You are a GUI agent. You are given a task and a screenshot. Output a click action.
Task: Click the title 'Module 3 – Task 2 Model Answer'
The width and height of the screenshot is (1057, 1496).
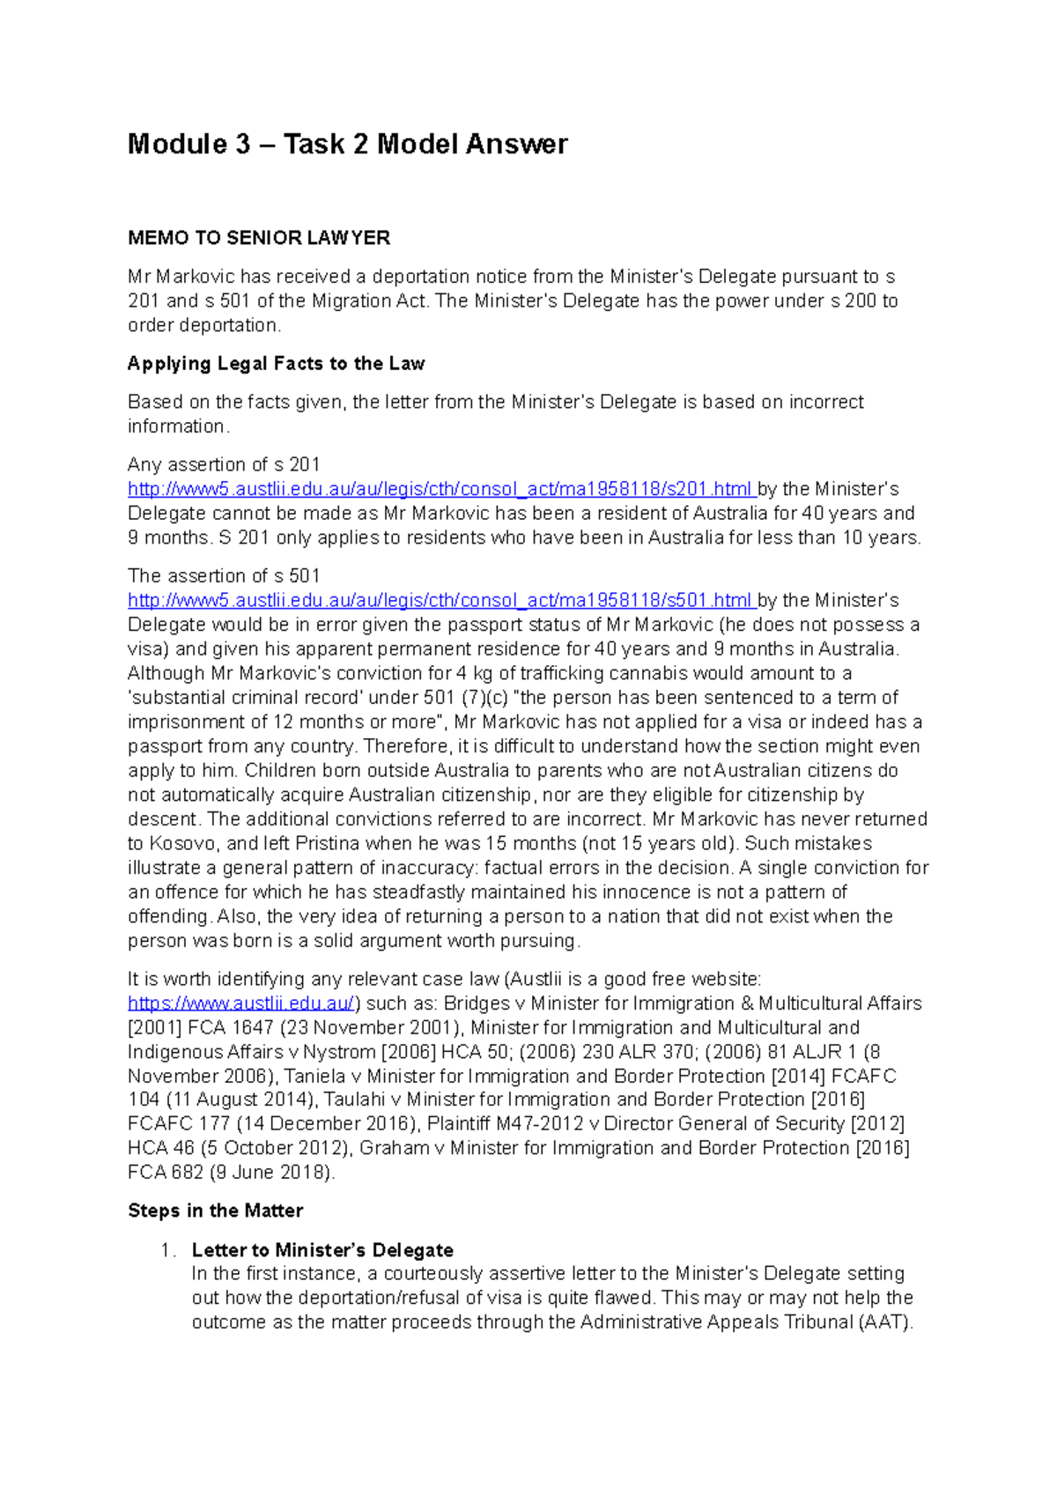tap(347, 144)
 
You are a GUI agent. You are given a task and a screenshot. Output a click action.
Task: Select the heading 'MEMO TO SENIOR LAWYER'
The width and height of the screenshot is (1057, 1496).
tap(258, 238)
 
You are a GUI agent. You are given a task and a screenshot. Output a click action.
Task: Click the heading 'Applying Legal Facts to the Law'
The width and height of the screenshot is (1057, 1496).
tap(276, 364)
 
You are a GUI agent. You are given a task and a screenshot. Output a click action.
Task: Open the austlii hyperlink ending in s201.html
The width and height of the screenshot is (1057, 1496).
tap(440, 489)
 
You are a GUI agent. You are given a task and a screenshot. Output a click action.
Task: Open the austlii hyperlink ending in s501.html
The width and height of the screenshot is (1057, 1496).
tap(440, 601)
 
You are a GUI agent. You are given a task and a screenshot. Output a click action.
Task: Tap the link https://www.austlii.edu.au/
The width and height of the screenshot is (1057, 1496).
tap(241, 1004)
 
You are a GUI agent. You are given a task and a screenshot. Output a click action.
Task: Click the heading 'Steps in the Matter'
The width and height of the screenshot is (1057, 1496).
tap(215, 1211)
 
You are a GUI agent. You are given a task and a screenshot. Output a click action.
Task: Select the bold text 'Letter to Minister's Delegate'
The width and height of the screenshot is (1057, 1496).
tap(322, 1250)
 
